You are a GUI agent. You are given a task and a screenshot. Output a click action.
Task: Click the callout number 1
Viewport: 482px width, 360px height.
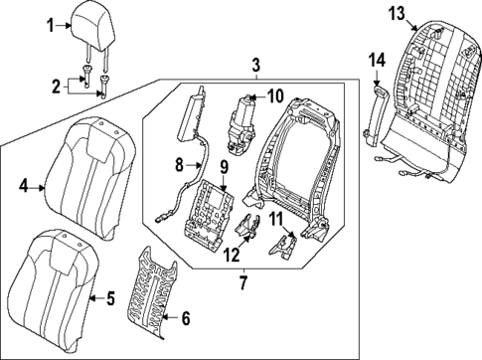pyautogui.click(x=52, y=26)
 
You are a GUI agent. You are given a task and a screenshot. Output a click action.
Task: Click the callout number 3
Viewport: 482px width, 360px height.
pyautogui.click(x=255, y=66)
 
